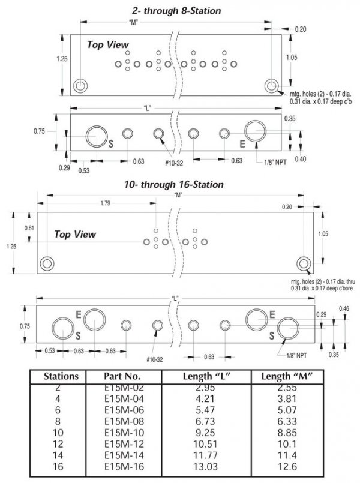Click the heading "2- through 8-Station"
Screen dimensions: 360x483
177,11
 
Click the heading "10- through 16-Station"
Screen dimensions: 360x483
174,185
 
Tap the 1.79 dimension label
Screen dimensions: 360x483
106,203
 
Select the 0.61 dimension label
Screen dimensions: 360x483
29,228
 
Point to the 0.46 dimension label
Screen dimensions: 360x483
344,308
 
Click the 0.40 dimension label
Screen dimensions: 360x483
301,159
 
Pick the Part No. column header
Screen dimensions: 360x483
122,376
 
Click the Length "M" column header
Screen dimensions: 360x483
287,376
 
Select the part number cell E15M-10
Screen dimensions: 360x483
124,433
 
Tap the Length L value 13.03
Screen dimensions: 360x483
205,467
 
